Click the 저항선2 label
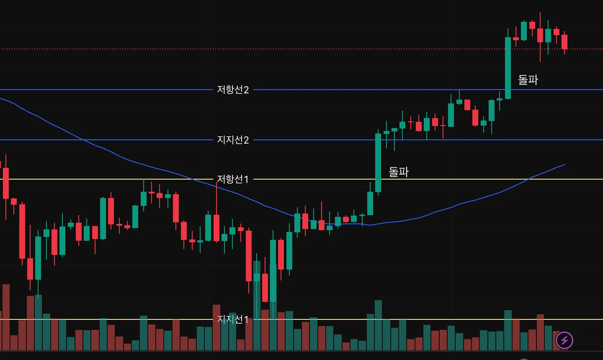(x=233, y=90)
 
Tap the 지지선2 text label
(x=233, y=140)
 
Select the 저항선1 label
(x=233, y=179)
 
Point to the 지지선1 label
(x=233, y=319)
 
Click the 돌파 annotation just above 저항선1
(x=398, y=172)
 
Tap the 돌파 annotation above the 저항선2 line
(x=528, y=80)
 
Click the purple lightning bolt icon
(x=564, y=340)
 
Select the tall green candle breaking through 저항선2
(x=508, y=68)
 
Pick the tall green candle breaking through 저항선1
(x=378, y=163)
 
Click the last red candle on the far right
(x=564, y=42)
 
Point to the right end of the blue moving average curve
(x=564, y=165)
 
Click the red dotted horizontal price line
(x=293, y=49)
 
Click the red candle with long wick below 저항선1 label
(x=216, y=228)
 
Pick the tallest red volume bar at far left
(x=6, y=317)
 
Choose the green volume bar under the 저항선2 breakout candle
(x=508, y=330)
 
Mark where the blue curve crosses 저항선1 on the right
(x=528, y=179)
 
